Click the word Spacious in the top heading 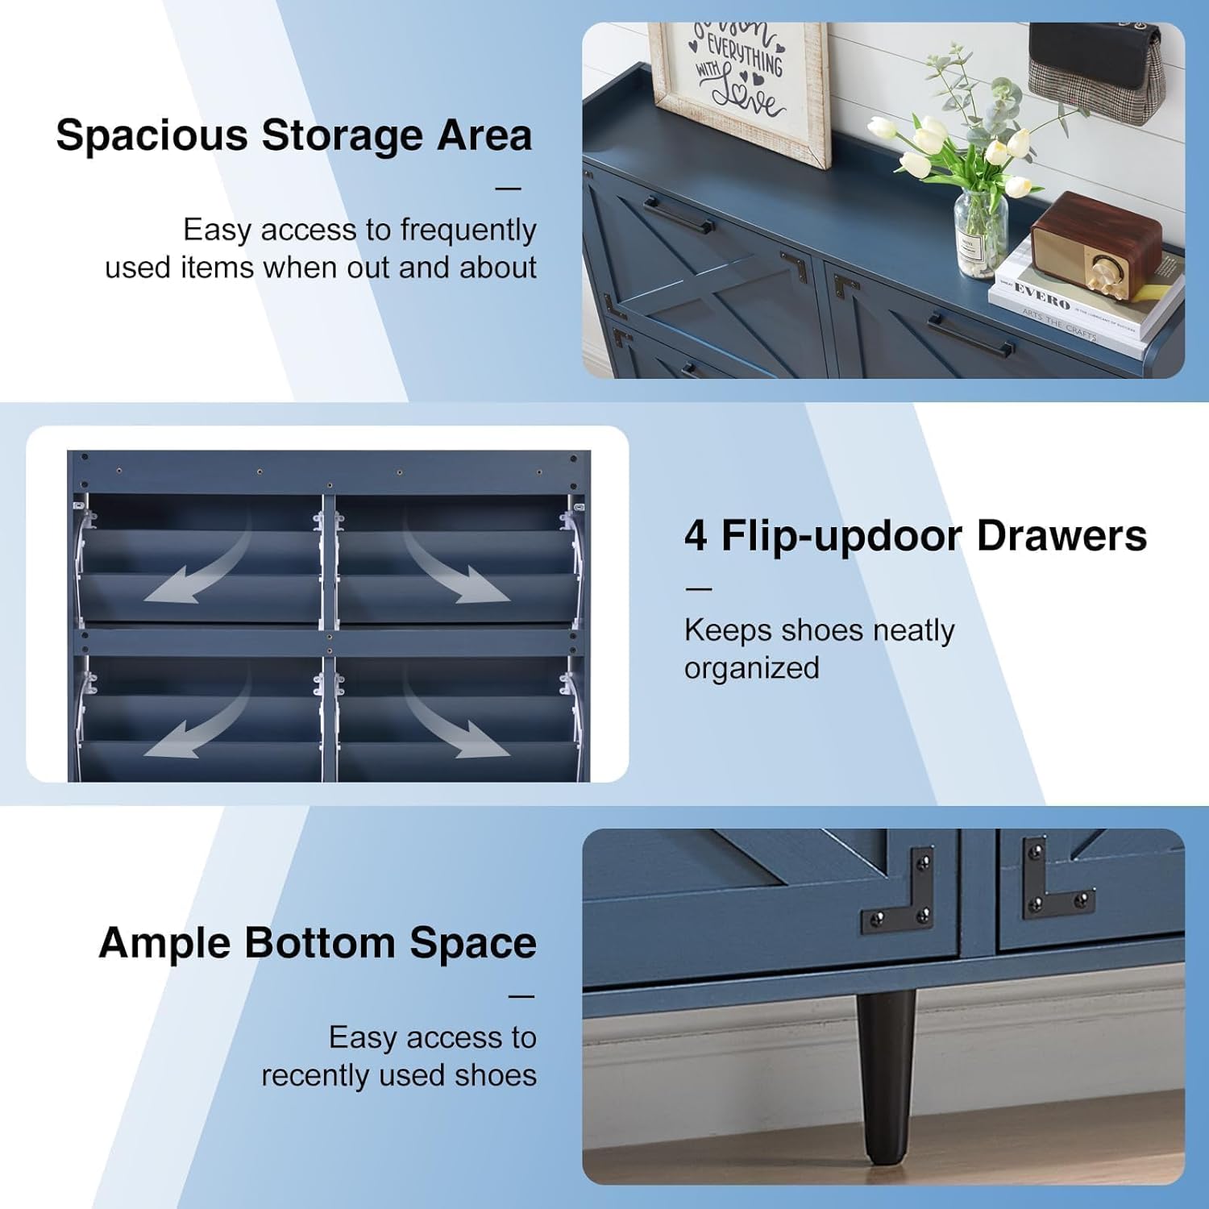coord(152,135)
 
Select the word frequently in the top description coord(468,230)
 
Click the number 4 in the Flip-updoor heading coord(696,536)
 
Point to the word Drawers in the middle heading coord(1062,536)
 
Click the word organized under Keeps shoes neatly coord(751,668)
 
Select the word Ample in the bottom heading coord(164,943)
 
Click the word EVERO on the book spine coord(1041,296)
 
